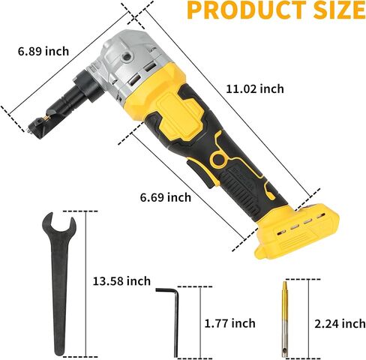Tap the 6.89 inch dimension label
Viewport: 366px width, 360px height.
click(x=43, y=52)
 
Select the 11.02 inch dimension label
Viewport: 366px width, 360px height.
click(x=255, y=89)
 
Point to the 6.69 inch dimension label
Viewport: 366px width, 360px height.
click(x=166, y=197)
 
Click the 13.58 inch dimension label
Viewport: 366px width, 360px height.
click(x=121, y=281)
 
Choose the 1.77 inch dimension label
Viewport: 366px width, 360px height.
click(x=230, y=323)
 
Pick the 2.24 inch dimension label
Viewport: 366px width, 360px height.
click(x=340, y=324)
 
